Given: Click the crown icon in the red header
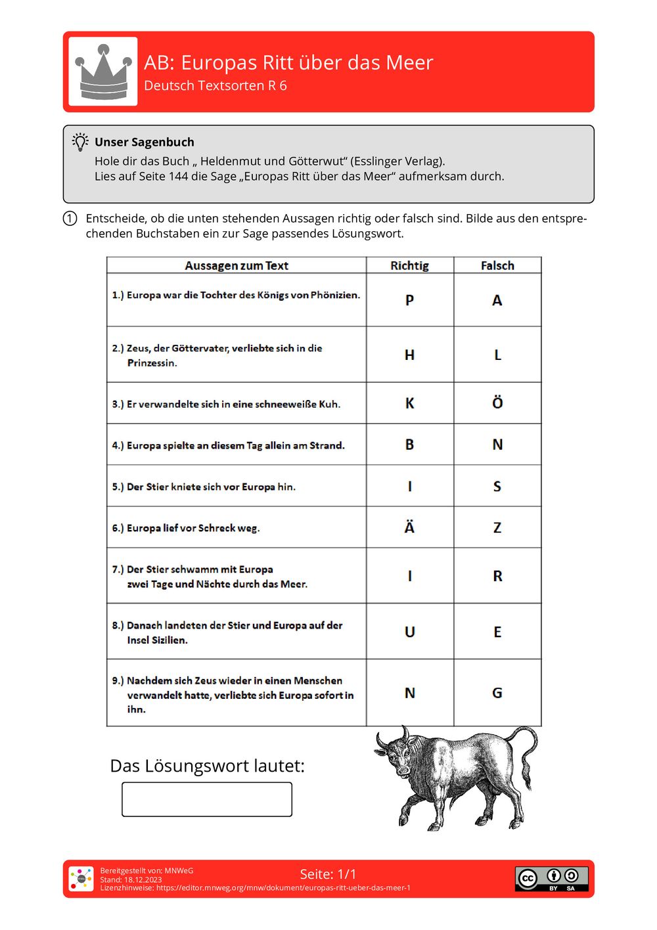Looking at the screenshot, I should tap(103, 72).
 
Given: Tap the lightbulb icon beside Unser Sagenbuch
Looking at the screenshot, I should tap(80, 142).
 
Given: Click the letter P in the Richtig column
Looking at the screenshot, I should tap(409, 300).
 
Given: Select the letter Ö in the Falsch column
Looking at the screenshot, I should tap(497, 403).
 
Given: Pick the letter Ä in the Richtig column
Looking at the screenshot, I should tap(409, 527).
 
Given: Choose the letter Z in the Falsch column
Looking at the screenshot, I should tap(497, 527).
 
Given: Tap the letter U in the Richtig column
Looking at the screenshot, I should tap(409, 632).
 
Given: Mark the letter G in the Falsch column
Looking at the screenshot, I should tap(497, 693).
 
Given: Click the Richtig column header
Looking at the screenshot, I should tap(409, 265).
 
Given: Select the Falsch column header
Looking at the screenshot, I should tap(497, 265).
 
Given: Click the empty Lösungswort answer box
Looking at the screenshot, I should tap(207, 799).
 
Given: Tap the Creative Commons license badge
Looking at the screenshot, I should tap(551, 879).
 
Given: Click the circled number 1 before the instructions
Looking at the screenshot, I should tap(70, 219).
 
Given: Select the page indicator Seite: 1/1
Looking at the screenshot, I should tap(328, 874).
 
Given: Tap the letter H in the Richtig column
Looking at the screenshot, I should tap(409, 355).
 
